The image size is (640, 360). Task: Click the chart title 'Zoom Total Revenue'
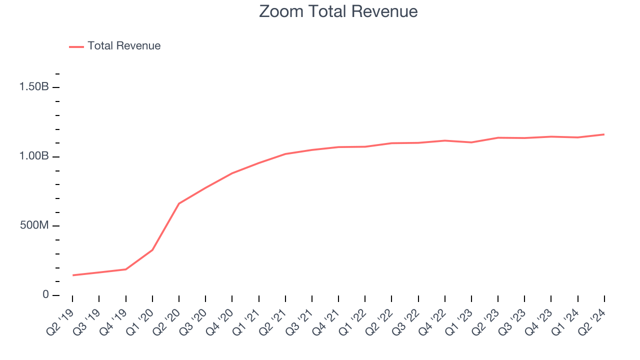(x=338, y=11)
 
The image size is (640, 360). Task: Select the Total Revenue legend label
(x=124, y=46)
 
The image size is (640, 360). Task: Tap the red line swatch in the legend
(x=76, y=46)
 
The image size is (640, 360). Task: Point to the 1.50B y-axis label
(x=34, y=87)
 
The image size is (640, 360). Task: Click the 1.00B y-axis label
(x=34, y=156)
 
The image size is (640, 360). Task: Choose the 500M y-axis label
(x=34, y=225)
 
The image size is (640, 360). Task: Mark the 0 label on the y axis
(x=45, y=295)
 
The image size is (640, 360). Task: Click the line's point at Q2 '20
(x=179, y=203)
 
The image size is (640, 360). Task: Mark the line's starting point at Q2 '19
(x=72, y=275)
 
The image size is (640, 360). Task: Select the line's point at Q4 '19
(x=125, y=269)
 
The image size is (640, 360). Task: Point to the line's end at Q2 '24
(x=604, y=134)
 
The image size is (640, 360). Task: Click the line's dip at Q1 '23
(x=471, y=142)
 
